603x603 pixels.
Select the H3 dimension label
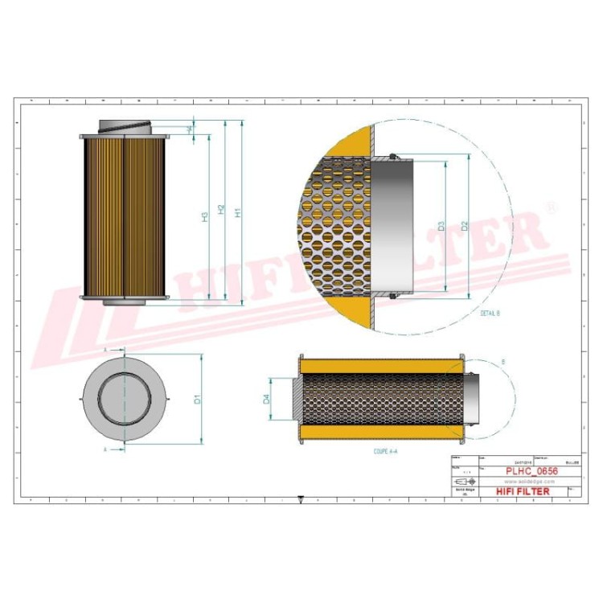(206, 215)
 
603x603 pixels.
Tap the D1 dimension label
(197, 398)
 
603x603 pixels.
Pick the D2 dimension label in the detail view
(465, 227)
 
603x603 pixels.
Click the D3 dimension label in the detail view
(441, 227)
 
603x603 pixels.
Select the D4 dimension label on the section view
(267, 400)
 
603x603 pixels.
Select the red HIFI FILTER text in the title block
(523, 490)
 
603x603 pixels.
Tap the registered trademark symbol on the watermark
(550, 207)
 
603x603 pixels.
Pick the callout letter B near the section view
(503, 363)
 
